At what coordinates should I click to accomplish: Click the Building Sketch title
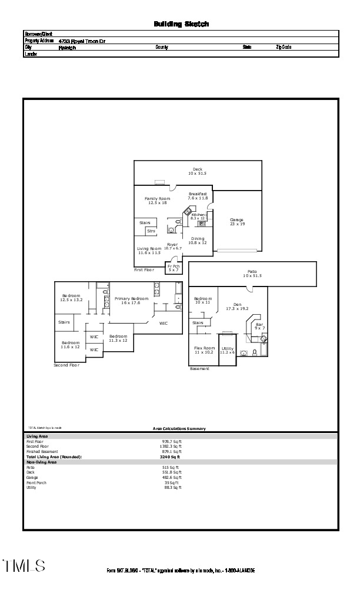point(181,24)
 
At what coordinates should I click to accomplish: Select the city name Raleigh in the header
point(67,48)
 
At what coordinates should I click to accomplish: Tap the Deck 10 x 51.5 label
point(197,172)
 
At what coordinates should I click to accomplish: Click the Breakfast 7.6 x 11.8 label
point(198,196)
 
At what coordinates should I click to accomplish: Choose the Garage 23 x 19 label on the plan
point(236,222)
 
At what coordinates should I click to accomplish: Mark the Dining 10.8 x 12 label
point(198,241)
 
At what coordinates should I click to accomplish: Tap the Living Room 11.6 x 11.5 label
point(149,251)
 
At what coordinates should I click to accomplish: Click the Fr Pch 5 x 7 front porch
point(174,268)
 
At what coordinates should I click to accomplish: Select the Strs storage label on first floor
point(151,231)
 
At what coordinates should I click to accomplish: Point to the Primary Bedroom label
point(131,301)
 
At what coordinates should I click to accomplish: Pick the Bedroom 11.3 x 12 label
point(118,338)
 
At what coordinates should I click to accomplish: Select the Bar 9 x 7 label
point(259,326)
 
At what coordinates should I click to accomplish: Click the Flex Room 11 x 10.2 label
point(204,350)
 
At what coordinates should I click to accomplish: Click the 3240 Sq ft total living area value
point(170,457)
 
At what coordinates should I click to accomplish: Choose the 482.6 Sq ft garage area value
point(171,478)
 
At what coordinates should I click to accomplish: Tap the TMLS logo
point(24,566)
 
